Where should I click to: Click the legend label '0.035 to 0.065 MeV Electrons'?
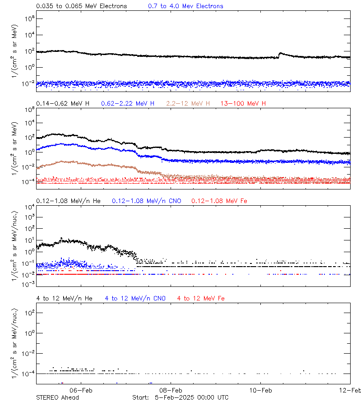point(81,6)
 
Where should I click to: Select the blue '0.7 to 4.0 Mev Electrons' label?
point(185,6)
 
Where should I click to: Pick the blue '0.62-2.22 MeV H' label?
point(128,104)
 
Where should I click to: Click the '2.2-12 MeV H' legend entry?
point(188,104)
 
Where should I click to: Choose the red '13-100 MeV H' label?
point(243,104)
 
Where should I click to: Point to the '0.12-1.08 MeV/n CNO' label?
point(146,201)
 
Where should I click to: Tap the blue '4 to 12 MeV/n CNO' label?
point(135,298)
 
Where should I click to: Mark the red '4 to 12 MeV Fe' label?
point(201,298)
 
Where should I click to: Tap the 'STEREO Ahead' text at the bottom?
point(57,397)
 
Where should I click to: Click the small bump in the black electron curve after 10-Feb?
point(281,54)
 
